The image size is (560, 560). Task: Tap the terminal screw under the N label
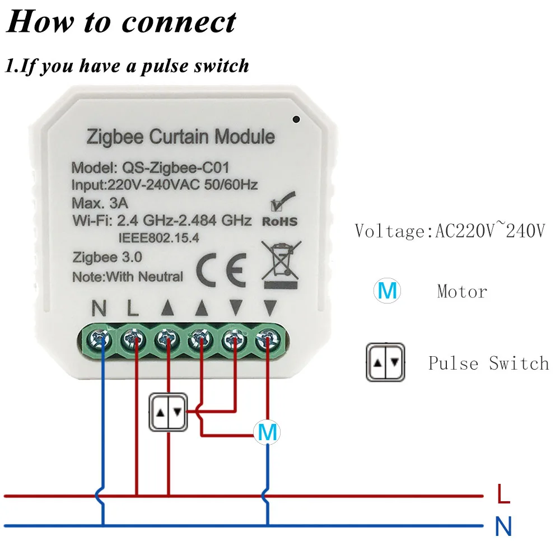pyautogui.click(x=101, y=339)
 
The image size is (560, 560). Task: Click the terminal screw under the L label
pyautogui.click(x=135, y=339)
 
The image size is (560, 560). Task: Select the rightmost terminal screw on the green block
pyautogui.click(x=267, y=339)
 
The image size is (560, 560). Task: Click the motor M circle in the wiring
pyautogui.click(x=267, y=432)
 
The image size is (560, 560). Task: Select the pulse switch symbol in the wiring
pyautogui.click(x=169, y=413)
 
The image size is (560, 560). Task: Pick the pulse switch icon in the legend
pyautogui.click(x=386, y=363)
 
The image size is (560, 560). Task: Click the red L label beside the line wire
pyautogui.click(x=503, y=494)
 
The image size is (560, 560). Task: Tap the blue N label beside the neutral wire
pyautogui.click(x=503, y=527)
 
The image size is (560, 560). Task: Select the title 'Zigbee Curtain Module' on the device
pyautogui.click(x=180, y=137)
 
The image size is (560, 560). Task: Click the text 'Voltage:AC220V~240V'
pyautogui.click(x=449, y=231)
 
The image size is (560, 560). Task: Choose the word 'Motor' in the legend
pyautogui.click(x=462, y=291)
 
